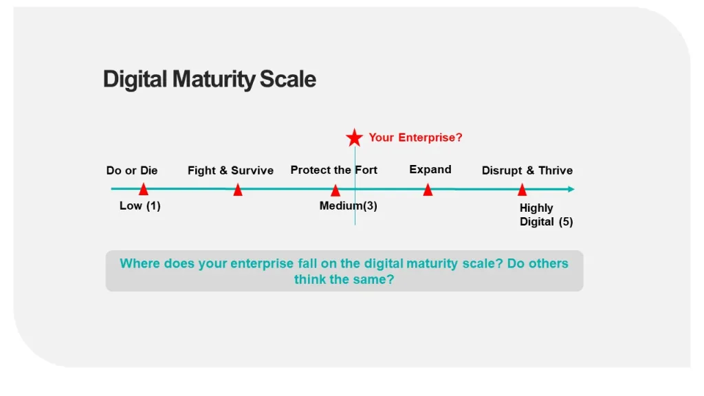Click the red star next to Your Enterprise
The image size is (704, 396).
click(354, 137)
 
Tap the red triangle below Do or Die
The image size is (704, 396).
click(143, 190)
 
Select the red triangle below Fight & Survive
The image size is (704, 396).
click(238, 190)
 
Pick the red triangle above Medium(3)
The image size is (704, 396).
click(335, 190)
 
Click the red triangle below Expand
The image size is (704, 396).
click(428, 190)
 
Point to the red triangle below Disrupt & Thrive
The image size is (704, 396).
click(522, 190)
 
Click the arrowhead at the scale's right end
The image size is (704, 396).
click(571, 189)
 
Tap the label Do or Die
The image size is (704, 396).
click(132, 170)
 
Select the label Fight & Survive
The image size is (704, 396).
click(230, 170)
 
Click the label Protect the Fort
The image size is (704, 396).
click(334, 170)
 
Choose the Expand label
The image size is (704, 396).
click(430, 170)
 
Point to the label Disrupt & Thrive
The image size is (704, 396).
click(527, 170)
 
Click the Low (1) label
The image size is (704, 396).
click(140, 206)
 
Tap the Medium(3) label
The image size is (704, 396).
click(349, 206)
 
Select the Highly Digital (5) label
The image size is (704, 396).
click(546, 214)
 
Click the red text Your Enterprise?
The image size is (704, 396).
click(415, 137)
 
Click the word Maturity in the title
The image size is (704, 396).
click(214, 80)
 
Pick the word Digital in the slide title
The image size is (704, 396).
click(135, 80)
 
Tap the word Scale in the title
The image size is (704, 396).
click(288, 79)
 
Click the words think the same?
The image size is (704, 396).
click(344, 279)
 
